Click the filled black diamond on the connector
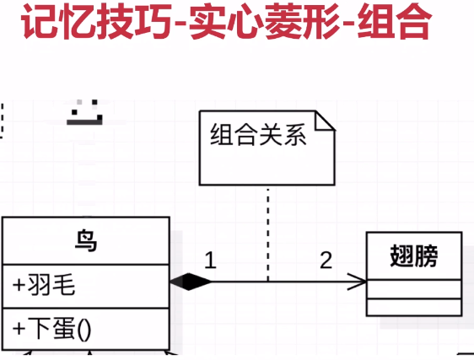(191, 282)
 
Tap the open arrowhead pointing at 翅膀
(358, 282)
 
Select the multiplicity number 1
(210, 261)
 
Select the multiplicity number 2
(326, 261)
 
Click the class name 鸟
(86, 240)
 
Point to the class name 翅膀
(414, 256)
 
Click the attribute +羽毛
(44, 285)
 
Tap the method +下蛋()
(51, 329)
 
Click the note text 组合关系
(258, 135)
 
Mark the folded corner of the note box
(325, 121)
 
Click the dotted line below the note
(268, 234)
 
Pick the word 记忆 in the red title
(58, 21)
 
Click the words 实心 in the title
(227, 21)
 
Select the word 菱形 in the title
(304, 21)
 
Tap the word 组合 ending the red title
(394, 21)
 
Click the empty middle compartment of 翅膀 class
(414, 289)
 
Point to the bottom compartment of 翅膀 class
(414, 307)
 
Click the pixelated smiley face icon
(85, 112)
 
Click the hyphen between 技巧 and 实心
(180, 24)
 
